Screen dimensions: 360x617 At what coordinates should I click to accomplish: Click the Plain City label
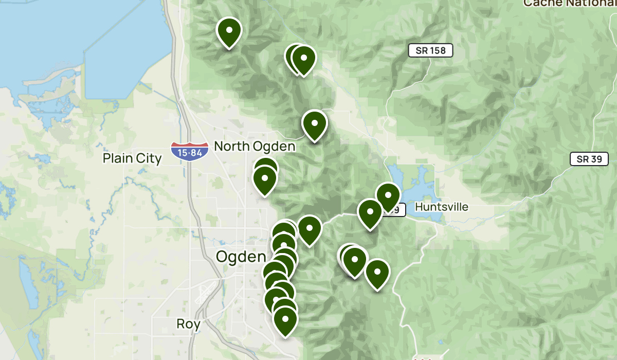132,158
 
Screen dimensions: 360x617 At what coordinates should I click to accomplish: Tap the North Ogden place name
255,147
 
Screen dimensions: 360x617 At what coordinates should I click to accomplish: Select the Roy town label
188,324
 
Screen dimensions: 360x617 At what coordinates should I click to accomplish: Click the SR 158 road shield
431,50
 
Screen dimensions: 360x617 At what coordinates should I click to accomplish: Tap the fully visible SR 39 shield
589,159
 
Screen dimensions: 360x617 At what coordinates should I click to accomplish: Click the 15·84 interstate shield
190,152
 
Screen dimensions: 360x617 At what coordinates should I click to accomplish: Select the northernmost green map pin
229,32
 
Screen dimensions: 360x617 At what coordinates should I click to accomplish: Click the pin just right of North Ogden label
315,124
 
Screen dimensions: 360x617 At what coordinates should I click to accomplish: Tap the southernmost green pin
285,320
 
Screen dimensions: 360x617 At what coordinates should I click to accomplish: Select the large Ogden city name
241,256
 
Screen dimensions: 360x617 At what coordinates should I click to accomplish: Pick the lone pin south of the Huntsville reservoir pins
377,274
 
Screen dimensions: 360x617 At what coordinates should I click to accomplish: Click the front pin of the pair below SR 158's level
303,60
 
